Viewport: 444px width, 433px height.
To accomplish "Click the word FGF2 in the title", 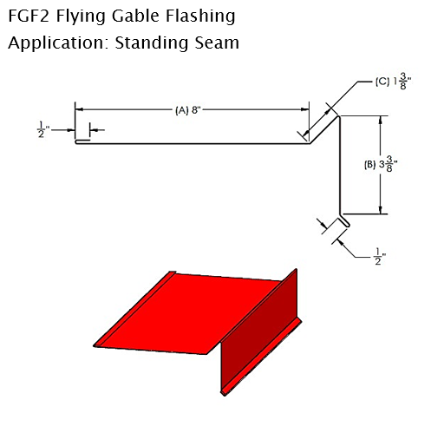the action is tap(29, 16).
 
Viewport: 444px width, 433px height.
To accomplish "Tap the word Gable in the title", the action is tap(135, 16).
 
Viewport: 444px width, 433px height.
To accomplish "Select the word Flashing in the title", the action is tap(200, 17).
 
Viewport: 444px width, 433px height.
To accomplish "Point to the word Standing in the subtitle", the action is tap(152, 43).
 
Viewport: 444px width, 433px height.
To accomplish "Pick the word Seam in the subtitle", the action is tap(217, 43).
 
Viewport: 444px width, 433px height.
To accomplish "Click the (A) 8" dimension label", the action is tap(188, 110).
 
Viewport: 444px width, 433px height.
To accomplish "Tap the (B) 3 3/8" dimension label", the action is tap(381, 164).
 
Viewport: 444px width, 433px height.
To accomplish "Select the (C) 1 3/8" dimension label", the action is tap(393, 82).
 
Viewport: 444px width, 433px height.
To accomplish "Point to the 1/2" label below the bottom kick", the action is tap(380, 257).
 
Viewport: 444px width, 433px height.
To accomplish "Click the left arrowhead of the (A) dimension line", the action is tap(79, 109).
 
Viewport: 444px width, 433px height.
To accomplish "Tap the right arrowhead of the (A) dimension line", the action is tap(304, 109).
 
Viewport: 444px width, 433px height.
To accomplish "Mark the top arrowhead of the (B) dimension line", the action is tap(380, 120).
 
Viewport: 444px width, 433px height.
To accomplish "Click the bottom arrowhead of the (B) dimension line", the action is tap(380, 210).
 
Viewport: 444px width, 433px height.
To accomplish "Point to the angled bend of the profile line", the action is tap(324, 129).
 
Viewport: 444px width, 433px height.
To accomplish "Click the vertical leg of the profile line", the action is tap(339, 165).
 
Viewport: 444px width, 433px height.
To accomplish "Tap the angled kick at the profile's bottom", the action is tap(345, 220).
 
